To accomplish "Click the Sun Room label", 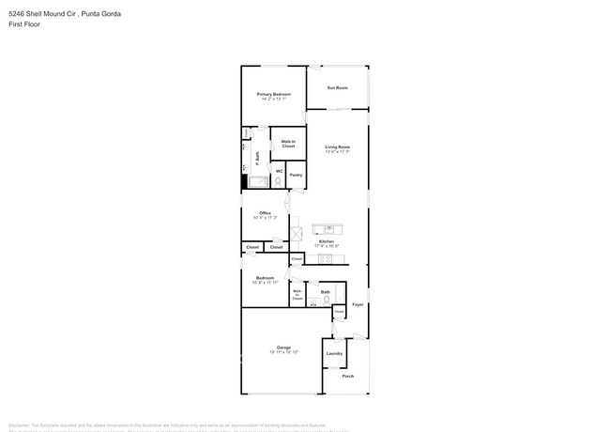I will [337, 88].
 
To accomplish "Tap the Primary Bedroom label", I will [274, 95].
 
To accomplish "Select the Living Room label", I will [338, 147].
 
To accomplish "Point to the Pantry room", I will [296, 175].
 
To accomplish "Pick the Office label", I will [266, 214].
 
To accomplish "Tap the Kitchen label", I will [326, 242].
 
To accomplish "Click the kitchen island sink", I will [329, 228].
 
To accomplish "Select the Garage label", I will [283, 347].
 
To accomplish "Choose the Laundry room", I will [334, 354].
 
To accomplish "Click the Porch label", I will [347, 376].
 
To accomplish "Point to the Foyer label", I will [358, 304].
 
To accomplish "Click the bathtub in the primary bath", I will [257, 181].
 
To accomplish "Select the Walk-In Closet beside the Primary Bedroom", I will [288, 144].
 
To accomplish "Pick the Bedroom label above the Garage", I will [265, 279].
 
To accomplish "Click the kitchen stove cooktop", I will [325, 258].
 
